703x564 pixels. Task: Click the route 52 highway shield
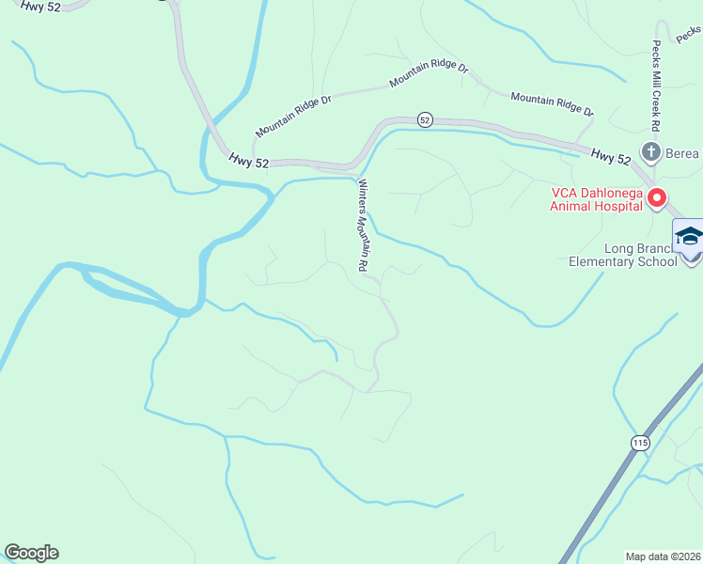pos(425,120)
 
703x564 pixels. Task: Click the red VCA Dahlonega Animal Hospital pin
pos(656,198)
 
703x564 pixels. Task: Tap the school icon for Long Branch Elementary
pos(689,237)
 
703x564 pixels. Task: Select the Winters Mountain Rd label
pos(361,226)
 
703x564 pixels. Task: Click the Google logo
pos(31,553)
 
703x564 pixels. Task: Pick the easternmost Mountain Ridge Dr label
pos(553,104)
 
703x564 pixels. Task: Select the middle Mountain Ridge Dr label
pos(429,75)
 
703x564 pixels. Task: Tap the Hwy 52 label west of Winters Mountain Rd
pos(248,163)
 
